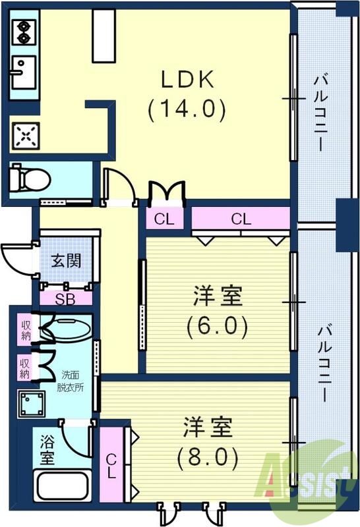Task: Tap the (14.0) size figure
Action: pyautogui.click(x=187, y=108)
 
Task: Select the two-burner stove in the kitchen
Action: pyautogui.click(x=23, y=32)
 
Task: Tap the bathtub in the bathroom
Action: pyautogui.click(x=63, y=485)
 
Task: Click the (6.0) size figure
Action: pyautogui.click(x=218, y=325)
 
